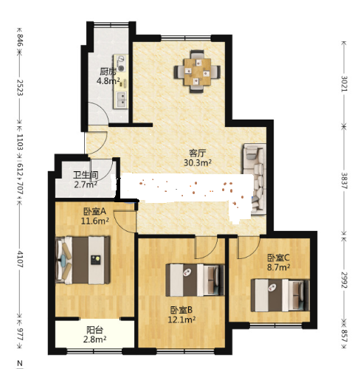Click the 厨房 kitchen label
coord(108,72)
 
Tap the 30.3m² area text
coord(198,162)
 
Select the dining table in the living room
coord(197,72)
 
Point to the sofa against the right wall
coord(255,178)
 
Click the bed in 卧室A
coord(83,260)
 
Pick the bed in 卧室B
coord(195,280)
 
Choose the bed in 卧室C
coord(280,295)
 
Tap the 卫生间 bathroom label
coord(86,175)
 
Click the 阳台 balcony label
coord(94,330)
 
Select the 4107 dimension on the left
coord(20,259)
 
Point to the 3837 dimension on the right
coord(344,181)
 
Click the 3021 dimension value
coord(344,84)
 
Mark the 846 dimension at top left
coord(20,41)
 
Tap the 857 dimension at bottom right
coord(344,336)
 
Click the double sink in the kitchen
coord(121,99)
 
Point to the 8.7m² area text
coord(278,267)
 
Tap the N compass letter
coord(20,363)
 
